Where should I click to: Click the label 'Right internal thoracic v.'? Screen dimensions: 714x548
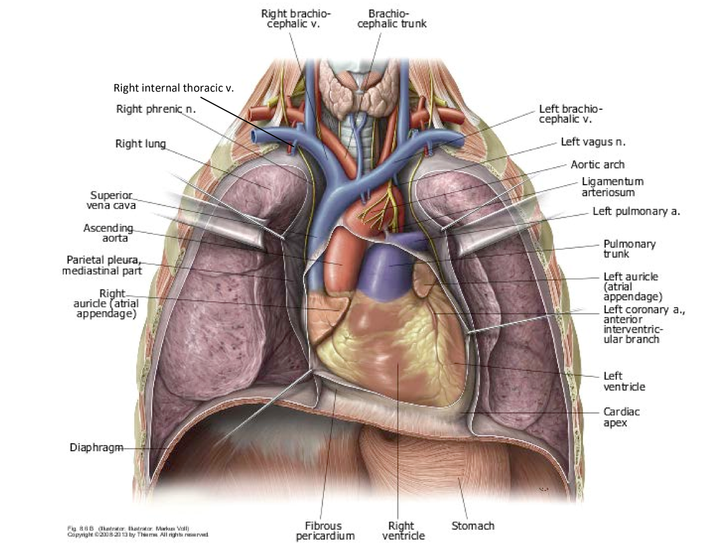point(173,88)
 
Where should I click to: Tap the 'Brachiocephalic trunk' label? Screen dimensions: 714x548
point(392,19)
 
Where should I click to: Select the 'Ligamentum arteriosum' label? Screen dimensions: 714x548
point(612,187)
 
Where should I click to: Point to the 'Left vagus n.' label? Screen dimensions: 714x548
point(593,142)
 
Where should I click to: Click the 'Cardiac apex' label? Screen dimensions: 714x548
point(621,417)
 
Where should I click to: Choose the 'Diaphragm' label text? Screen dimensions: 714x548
point(96,447)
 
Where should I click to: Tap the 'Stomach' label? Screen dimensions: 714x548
point(473,526)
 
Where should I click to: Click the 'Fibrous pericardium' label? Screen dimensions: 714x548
point(325,530)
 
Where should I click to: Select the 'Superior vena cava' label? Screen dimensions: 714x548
point(111,200)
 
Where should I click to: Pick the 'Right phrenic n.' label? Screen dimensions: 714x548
point(156,109)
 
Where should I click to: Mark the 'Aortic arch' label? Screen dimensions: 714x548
point(597,164)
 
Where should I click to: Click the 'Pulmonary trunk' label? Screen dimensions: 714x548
point(629,249)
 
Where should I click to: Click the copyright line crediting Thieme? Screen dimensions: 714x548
point(138,535)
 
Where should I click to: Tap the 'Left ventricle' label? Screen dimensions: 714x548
point(624,381)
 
